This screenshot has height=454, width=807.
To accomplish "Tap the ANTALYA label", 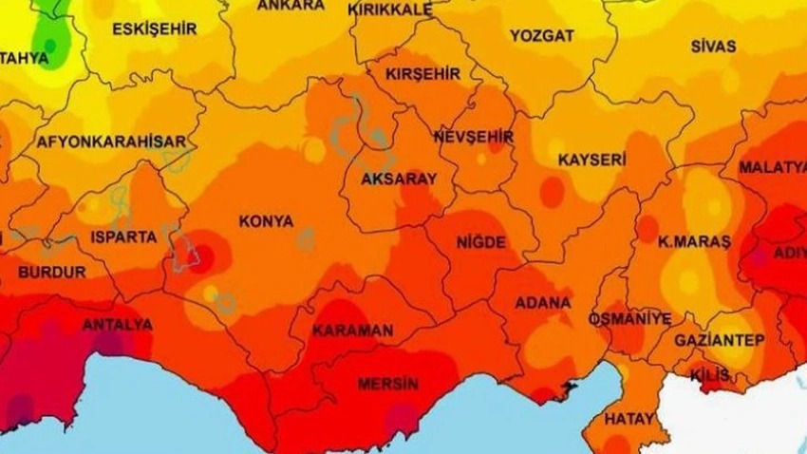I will click(x=118, y=325).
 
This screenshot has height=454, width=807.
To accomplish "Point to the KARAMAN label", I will click(x=352, y=331).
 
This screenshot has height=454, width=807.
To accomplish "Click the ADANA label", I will click(x=542, y=303).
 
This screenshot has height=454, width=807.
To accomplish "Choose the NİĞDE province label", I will click(x=481, y=242).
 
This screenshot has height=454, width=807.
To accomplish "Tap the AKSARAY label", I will click(x=399, y=179).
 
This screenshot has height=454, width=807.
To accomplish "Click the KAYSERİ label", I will click(x=591, y=158).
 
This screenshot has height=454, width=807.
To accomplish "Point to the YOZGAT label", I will click(x=542, y=35).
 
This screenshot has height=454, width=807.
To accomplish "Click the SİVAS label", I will click(x=713, y=46).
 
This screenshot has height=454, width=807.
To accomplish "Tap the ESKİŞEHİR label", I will click(x=147, y=28).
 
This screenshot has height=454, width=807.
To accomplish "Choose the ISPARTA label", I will click(x=123, y=236).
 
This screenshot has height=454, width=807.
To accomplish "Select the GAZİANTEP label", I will click(x=720, y=339).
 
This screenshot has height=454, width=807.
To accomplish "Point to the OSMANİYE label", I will click(x=629, y=317).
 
